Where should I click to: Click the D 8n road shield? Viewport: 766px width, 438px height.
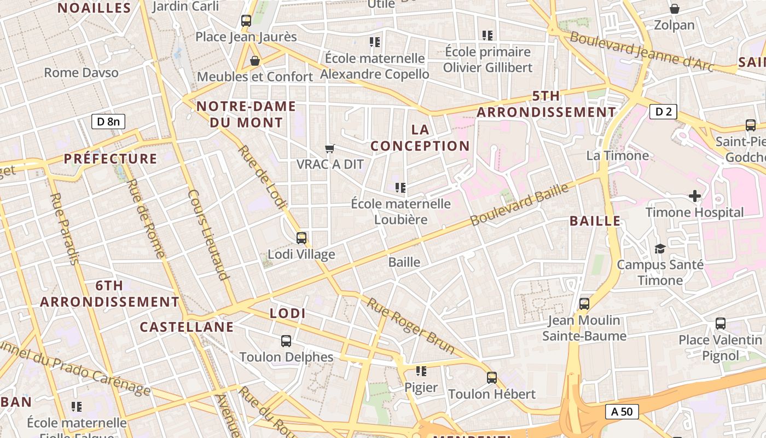pyautogui.click(x=108, y=121)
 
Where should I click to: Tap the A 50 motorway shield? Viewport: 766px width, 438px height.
pyautogui.click(x=622, y=411)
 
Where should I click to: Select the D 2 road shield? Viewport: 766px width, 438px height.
pyautogui.click(x=663, y=112)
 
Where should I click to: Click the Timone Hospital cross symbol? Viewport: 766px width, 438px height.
pyautogui.click(x=694, y=195)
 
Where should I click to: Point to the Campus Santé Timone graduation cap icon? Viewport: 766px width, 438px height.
pyautogui.click(x=660, y=249)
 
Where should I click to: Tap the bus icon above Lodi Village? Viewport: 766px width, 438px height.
pyautogui.click(x=301, y=238)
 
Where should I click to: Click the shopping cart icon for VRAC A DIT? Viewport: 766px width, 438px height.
pyautogui.click(x=329, y=148)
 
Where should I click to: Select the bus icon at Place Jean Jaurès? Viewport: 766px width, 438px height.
pyautogui.click(x=246, y=21)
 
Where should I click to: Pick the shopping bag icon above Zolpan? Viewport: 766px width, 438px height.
pyautogui.click(x=674, y=9)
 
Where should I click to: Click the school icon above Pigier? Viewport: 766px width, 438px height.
pyautogui.click(x=421, y=371)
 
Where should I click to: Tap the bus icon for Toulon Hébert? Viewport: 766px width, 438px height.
pyautogui.click(x=491, y=377)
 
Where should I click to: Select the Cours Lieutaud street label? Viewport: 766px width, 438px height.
pyautogui.click(x=207, y=235)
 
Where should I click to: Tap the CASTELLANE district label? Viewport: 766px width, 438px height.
pyautogui.click(x=187, y=327)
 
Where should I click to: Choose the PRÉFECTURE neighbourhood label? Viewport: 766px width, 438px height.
pyautogui.click(x=111, y=159)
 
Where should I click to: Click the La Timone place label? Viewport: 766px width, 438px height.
pyautogui.click(x=617, y=155)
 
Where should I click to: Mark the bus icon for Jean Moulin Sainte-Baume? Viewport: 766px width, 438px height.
pyautogui.click(x=584, y=303)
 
